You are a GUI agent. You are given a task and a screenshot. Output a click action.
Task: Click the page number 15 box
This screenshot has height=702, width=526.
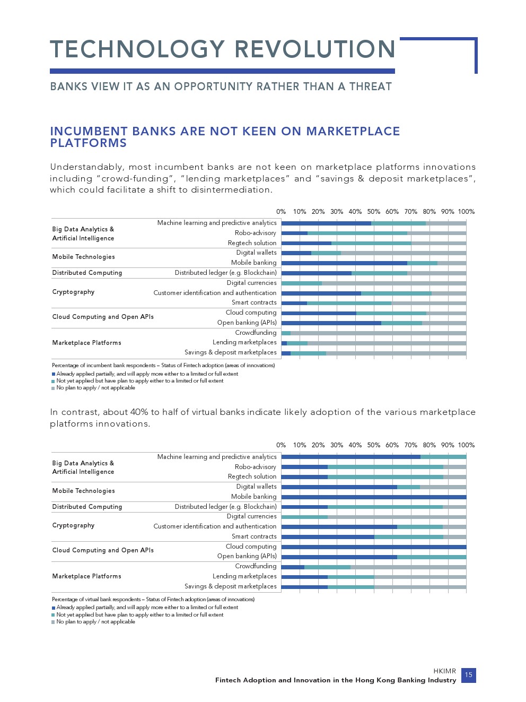pyautogui.click(x=468, y=675)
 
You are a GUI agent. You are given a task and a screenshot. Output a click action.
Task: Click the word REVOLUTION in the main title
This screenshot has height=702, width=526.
pyautogui.click(x=315, y=49)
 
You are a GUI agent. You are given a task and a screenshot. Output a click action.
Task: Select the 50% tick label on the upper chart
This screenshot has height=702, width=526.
pyautogui.click(x=373, y=212)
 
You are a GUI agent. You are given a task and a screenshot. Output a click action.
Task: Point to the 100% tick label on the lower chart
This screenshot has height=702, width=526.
pyautogui.click(x=466, y=445)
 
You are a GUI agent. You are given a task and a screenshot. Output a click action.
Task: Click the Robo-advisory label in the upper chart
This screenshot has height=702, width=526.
pyautogui.click(x=256, y=233)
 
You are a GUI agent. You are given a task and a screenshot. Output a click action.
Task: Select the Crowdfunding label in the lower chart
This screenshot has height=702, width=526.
pyautogui.click(x=256, y=566)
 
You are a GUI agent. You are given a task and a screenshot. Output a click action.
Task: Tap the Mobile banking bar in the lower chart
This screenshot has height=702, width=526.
pyautogui.click(x=373, y=497)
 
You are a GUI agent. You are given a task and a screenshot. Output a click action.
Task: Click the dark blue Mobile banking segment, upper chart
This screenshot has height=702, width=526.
pyautogui.click(x=344, y=263)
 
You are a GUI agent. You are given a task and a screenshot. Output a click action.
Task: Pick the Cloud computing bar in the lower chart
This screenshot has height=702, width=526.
pyautogui.click(x=373, y=547)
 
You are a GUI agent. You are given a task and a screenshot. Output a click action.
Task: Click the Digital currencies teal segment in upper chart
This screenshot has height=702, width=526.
pyautogui.click(x=301, y=283)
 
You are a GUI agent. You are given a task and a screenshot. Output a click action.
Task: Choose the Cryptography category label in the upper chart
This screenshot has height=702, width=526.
pyautogui.click(x=73, y=292)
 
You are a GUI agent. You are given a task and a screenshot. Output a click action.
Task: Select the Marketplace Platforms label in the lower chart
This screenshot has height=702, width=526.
pyautogui.click(x=86, y=576)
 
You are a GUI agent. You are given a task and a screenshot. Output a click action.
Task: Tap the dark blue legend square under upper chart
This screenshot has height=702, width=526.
pyautogui.click(x=54, y=374)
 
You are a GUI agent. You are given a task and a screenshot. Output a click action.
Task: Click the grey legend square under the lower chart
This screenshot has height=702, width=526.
pyautogui.click(x=54, y=622)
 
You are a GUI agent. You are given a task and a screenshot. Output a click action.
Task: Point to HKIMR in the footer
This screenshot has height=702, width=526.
pyautogui.click(x=444, y=671)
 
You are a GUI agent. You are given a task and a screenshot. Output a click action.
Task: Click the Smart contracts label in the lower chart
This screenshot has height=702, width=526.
pyautogui.click(x=254, y=536)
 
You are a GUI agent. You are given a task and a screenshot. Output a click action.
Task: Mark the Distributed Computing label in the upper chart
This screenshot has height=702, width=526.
pyautogui.click(x=87, y=273)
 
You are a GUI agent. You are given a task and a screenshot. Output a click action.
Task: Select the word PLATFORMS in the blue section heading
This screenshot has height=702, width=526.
pyautogui.click(x=89, y=143)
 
